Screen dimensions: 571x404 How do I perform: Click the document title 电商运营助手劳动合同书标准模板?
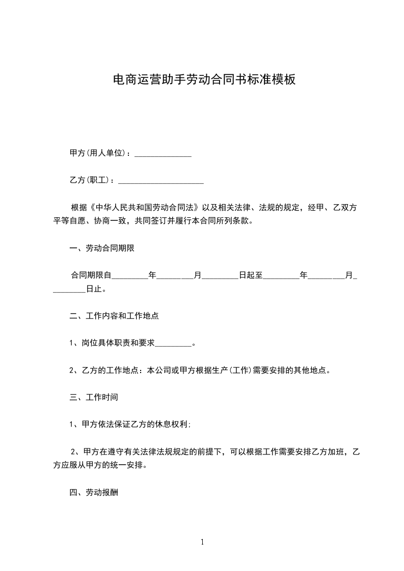pyautogui.click(x=203, y=79)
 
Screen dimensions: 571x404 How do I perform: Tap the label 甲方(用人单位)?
pyautogui.click(x=97, y=153)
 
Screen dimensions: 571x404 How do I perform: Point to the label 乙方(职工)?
pyautogui.click(x=90, y=180)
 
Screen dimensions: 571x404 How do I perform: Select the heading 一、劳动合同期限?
pyautogui.click(x=102, y=249)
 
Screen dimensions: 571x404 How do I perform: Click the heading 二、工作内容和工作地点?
pyautogui.click(x=114, y=316)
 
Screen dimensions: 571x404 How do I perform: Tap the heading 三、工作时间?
pyautogui.click(x=94, y=396)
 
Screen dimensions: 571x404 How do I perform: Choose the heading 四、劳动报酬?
pyautogui.click(x=94, y=493)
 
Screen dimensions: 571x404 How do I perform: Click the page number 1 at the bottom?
pyautogui.click(x=202, y=542)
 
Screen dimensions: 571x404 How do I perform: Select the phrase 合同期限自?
pyautogui.click(x=91, y=276)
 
